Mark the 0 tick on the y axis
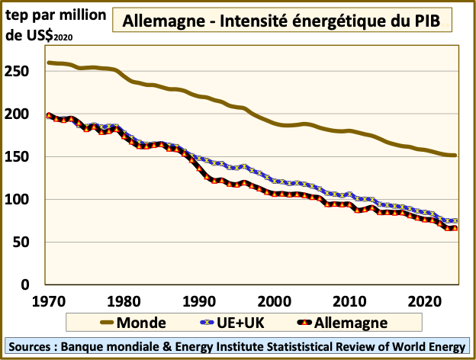[33, 285]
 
